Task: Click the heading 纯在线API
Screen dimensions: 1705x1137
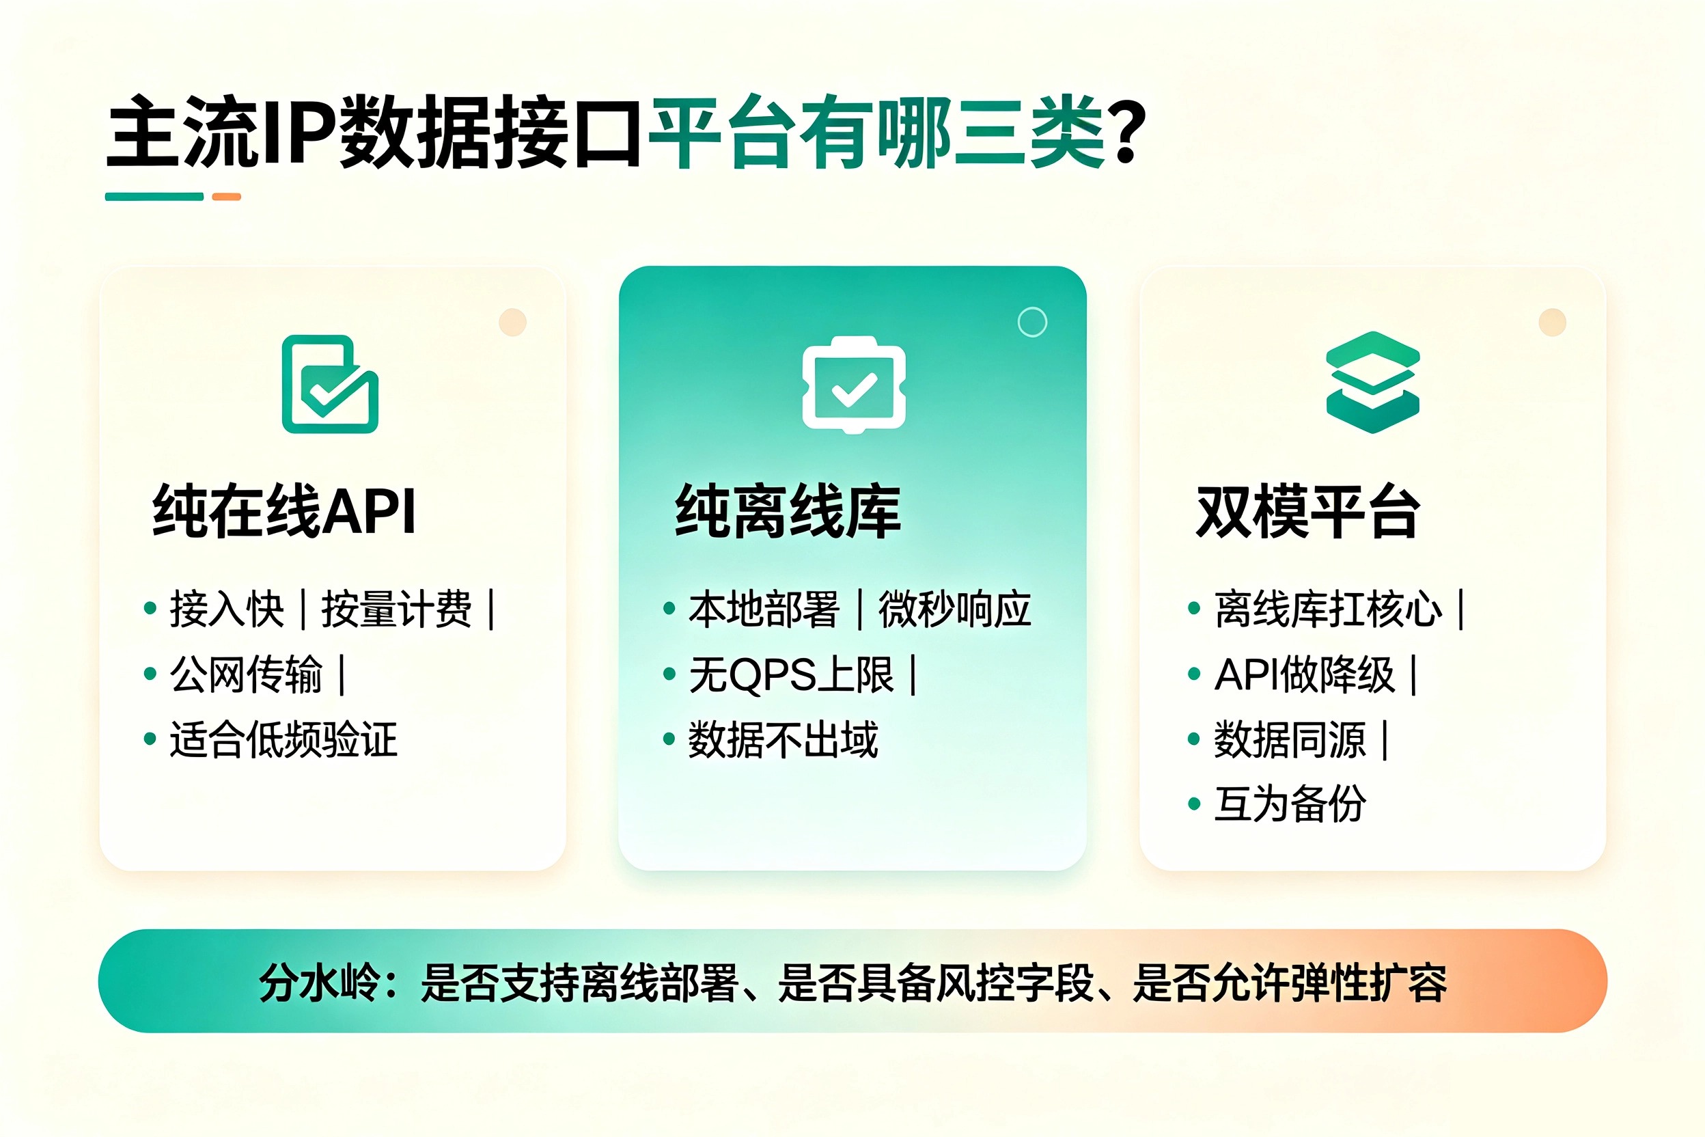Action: (x=284, y=511)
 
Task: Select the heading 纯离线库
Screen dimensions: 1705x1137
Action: (x=788, y=511)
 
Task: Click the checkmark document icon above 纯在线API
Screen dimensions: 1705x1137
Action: (x=330, y=383)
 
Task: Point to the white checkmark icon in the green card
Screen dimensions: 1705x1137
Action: (x=854, y=385)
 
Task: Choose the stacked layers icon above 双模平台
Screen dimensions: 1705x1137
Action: (x=1372, y=382)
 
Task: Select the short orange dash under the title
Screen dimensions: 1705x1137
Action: (x=226, y=197)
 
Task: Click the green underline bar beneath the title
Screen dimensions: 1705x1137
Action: (x=154, y=197)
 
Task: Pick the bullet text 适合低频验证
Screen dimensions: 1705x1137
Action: (x=283, y=739)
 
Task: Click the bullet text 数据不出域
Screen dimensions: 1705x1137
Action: (x=783, y=739)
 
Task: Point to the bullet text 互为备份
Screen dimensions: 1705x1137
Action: (x=1290, y=804)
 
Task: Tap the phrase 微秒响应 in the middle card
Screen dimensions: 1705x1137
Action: (x=955, y=609)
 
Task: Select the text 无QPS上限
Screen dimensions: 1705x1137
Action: (x=791, y=674)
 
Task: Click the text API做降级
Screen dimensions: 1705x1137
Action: (x=1304, y=674)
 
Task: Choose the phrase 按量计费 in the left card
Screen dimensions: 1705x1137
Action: (x=396, y=609)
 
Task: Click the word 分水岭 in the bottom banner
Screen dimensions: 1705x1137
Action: (x=320, y=983)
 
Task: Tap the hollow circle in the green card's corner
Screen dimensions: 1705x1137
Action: (x=1032, y=322)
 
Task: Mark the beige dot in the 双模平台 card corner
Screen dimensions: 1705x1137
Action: (x=1552, y=322)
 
